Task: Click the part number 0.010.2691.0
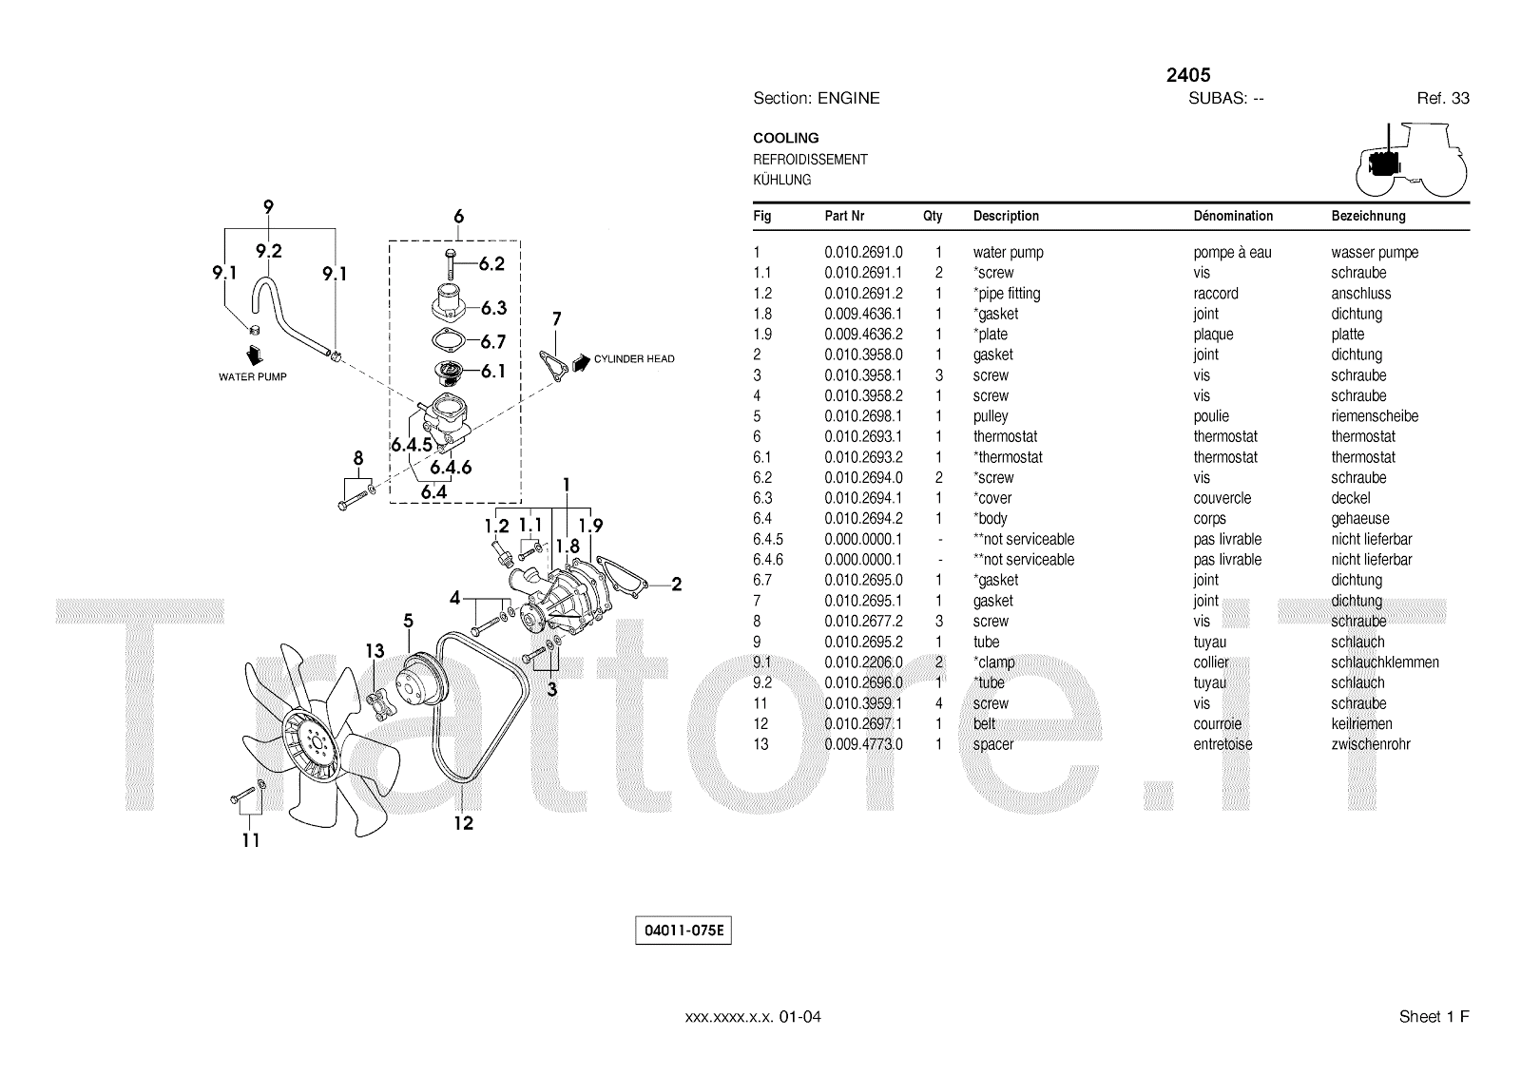pos(863,253)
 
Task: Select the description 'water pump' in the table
pos(1008,253)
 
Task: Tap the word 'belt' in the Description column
pos(984,724)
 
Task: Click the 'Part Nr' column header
pos(844,216)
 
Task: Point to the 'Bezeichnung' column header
pos(1368,216)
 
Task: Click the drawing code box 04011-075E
pos(683,931)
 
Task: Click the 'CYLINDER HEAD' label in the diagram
pos(634,359)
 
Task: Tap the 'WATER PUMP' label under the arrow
pos(252,377)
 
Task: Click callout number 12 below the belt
pos(463,823)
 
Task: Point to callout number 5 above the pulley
pos(408,622)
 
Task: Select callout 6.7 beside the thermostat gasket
pos(492,341)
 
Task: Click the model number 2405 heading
pos(1187,75)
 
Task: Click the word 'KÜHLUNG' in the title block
pos(781,180)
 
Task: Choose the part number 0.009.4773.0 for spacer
pos(863,744)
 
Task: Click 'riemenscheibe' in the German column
pos(1374,416)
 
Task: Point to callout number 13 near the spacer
pos(375,651)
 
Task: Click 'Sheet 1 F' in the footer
pos(1434,1017)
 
